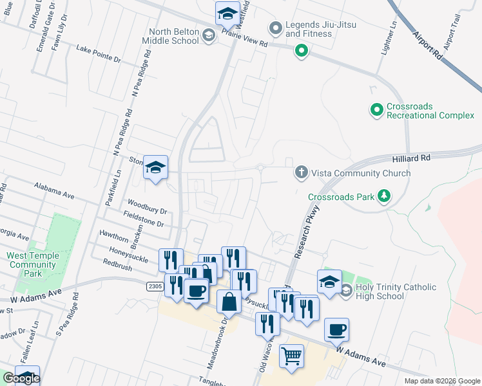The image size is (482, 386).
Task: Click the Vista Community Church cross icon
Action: (300, 172)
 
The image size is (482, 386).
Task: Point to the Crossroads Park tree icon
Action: (384, 196)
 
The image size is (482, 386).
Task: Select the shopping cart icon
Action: (292, 354)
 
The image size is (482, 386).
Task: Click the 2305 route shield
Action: (154, 286)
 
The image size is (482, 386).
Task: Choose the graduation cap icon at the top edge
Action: (227, 13)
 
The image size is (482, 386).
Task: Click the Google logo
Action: (21, 378)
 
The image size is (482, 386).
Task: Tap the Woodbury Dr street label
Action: (147, 206)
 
